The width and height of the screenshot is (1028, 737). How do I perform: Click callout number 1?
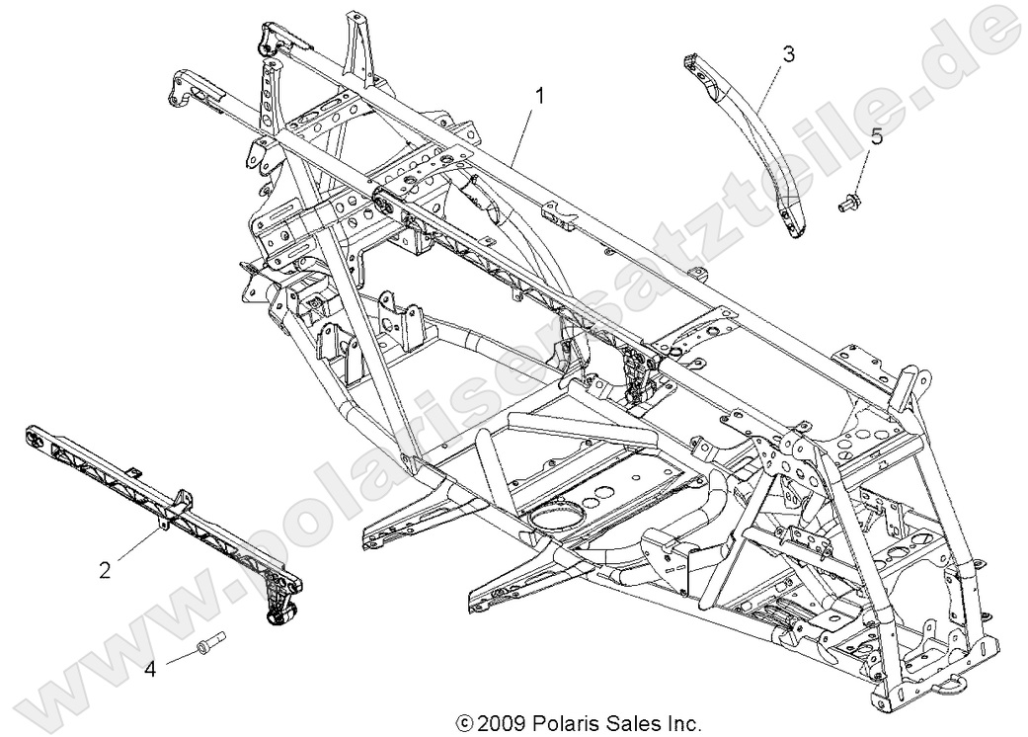pyautogui.click(x=540, y=96)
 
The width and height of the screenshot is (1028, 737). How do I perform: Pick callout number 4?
pyautogui.click(x=150, y=669)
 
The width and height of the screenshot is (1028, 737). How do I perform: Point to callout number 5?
pyautogui.click(x=875, y=136)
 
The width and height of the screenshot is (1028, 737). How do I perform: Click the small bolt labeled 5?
pyautogui.click(x=845, y=206)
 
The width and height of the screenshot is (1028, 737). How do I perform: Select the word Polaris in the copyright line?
pyautogui.click(x=556, y=724)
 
